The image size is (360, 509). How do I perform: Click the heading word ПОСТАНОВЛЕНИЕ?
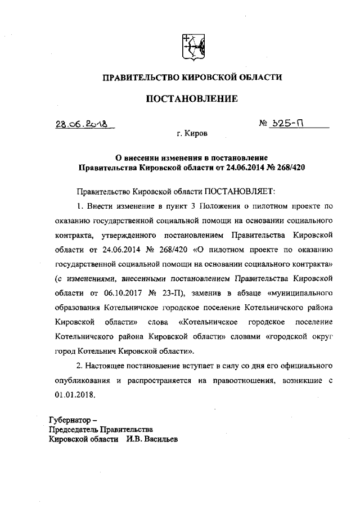(192, 99)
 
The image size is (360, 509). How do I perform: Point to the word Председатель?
(75, 430)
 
